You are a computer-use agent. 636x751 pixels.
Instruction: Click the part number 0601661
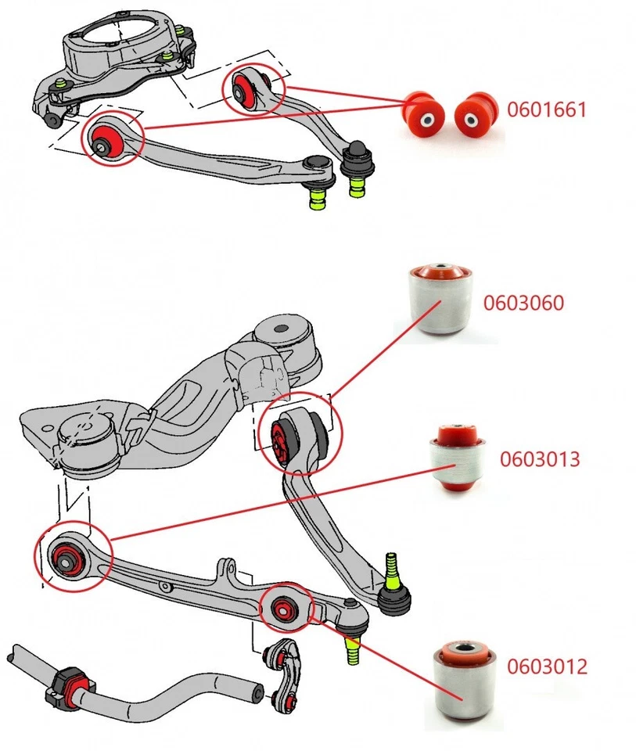546,110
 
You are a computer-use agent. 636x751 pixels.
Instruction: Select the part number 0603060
523,303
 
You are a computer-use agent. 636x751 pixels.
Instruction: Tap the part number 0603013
540,458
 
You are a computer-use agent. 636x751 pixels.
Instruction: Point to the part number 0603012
546,667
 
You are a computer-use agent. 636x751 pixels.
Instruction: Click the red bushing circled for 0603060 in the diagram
282,440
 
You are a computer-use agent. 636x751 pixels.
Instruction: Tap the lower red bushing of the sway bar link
292,701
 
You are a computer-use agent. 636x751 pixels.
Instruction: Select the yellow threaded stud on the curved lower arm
392,572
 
